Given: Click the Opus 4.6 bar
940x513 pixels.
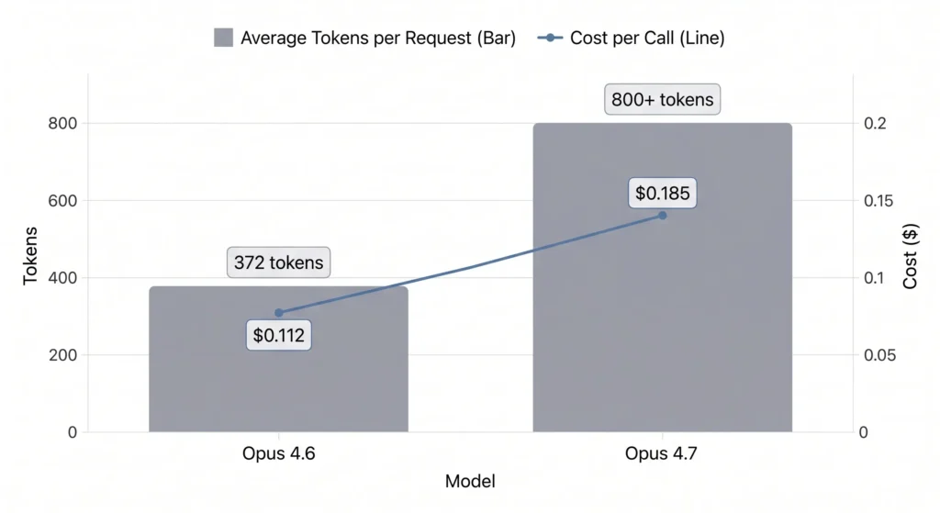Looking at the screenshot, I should (278, 385).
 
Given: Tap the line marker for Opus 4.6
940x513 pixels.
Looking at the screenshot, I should (279, 313).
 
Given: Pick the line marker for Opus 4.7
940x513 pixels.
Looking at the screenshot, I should (662, 215).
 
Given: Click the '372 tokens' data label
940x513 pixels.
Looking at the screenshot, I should (278, 262).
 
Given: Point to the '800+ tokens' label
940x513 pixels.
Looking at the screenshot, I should (662, 99).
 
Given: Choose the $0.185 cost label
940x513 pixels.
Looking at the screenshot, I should (662, 194).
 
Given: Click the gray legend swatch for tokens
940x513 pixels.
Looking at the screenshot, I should (223, 38).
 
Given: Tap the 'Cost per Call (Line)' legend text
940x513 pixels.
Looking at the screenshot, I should (648, 38).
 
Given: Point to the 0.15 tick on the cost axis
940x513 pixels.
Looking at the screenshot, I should (878, 200).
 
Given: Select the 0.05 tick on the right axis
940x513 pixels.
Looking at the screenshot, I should (878, 355).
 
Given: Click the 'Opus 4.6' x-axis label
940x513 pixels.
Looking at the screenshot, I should (278, 453).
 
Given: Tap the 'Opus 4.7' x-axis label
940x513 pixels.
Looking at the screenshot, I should (662, 453).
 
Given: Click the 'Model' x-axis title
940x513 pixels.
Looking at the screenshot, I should (470, 482).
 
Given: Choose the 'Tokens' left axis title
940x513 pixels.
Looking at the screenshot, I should (30, 255).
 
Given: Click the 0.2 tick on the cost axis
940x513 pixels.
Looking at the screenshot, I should (874, 123).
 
